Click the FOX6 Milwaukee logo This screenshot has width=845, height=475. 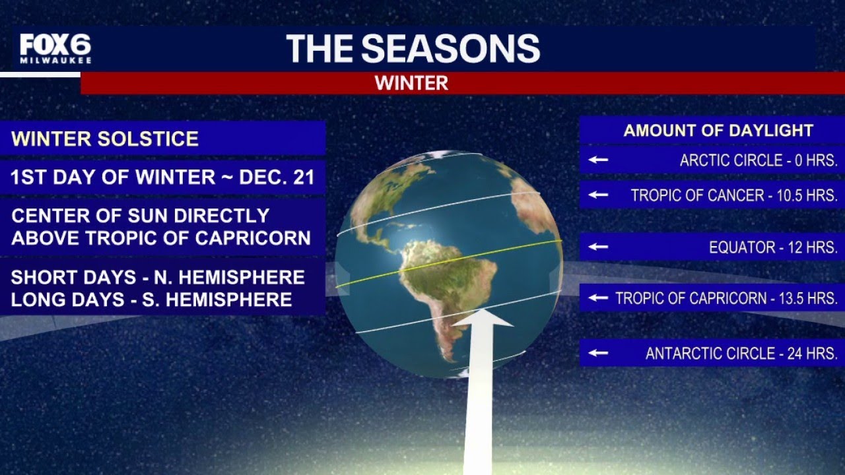(x=55, y=49)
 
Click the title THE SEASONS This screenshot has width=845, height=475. (x=413, y=48)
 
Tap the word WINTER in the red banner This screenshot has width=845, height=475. (x=411, y=83)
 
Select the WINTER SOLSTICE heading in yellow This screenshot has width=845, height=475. (x=105, y=139)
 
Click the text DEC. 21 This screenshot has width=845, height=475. (x=277, y=177)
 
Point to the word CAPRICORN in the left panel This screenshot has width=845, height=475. (x=253, y=238)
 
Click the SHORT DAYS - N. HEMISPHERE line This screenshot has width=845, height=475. (x=158, y=277)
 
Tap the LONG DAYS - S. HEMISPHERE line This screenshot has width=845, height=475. (x=152, y=300)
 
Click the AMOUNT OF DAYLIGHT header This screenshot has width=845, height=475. (x=718, y=131)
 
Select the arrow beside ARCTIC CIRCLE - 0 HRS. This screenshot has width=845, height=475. (x=598, y=160)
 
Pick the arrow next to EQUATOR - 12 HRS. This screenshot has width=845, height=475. (x=598, y=247)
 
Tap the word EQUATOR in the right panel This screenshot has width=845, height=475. (x=741, y=247)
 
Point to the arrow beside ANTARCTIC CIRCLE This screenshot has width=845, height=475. (x=598, y=353)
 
